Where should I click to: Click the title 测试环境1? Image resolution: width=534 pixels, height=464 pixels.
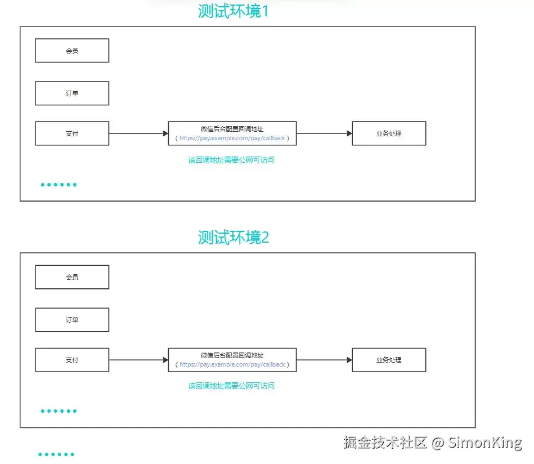click(234, 11)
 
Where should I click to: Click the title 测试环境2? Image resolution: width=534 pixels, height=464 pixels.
click(234, 237)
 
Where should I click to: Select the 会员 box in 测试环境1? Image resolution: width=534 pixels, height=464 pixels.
click(72, 51)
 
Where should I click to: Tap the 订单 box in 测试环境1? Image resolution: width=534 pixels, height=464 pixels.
click(72, 93)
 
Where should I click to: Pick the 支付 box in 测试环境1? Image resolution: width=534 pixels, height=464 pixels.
click(72, 133)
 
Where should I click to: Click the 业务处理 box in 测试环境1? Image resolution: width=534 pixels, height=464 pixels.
click(389, 133)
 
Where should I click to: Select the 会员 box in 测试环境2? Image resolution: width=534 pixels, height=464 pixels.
click(72, 277)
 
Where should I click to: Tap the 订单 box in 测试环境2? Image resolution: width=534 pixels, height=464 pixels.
click(72, 320)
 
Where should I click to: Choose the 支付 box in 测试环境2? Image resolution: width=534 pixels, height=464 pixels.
click(72, 360)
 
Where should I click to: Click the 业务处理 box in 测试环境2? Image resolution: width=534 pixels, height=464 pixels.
click(389, 360)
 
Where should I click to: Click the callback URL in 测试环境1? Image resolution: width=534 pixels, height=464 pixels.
click(232, 138)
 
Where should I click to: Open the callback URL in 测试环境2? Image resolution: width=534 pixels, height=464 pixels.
click(232, 364)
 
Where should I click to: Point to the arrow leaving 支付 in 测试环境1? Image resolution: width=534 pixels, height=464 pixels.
click(138, 133)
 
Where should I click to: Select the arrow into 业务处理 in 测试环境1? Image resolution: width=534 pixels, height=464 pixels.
click(324, 133)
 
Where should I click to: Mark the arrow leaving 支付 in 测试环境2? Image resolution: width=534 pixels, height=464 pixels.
click(138, 360)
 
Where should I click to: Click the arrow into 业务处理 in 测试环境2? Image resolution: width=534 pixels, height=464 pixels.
click(324, 360)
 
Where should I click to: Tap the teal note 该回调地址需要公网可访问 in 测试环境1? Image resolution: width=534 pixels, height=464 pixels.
click(231, 160)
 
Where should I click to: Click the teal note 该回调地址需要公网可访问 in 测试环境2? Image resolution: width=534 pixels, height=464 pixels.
click(231, 386)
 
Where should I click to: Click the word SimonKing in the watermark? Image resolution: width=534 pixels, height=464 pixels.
click(484, 443)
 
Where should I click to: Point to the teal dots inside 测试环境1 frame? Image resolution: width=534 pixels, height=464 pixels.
click(59, 185)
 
